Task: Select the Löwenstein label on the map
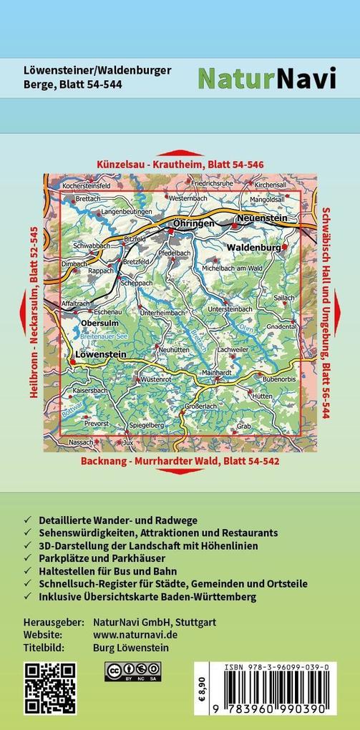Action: point(100,354)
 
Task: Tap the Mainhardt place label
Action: point(216,373)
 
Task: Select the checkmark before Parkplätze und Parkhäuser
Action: point(27,558)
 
